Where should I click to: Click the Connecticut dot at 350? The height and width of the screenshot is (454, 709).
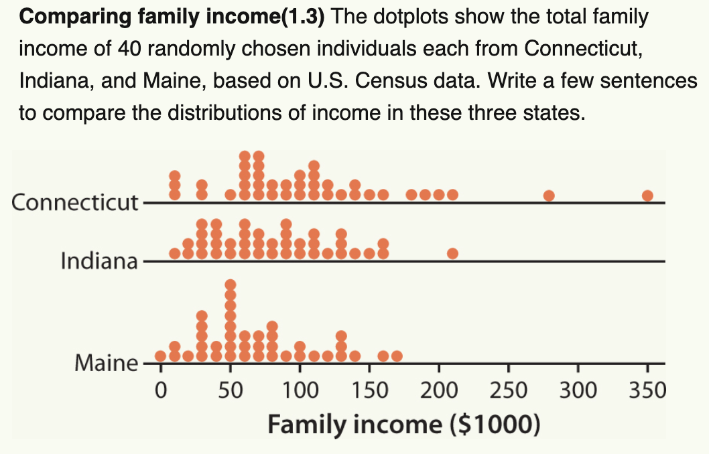(x=647, y=196)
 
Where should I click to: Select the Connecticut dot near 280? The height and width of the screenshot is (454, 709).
(x=549, y=196)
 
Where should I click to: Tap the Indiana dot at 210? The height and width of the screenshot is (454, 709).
(x=452, y=253)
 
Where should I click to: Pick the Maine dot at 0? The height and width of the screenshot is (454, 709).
(x=160, y=356)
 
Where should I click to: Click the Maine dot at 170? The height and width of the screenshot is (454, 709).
(x=397, y=356)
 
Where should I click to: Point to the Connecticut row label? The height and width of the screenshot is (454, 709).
(x=74, y=202)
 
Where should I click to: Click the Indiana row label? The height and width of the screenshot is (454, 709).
(x=99, y=260)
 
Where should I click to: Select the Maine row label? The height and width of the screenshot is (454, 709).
(x=105, y=364)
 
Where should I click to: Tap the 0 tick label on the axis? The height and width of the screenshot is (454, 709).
(x=160, y=389)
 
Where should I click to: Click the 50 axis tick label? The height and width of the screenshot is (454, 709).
(x=230, y=389)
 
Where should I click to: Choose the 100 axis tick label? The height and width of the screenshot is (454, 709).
(x=300, y=389)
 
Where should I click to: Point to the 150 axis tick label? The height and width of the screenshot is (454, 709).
(x=369, y=389)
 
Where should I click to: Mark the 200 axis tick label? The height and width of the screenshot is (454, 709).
(x=439, y=389)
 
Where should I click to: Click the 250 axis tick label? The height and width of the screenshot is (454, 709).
(x=508, y=389)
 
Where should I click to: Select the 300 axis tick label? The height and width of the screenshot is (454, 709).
(x=578, y=389)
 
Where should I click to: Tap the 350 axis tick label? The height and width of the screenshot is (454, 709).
(x=647, y=389)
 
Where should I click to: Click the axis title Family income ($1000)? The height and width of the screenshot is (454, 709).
(x=403, y=425)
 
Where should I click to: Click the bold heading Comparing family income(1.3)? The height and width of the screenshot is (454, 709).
(x=172, y=17)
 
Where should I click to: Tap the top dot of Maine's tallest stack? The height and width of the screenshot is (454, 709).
(x=230, y=284)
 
